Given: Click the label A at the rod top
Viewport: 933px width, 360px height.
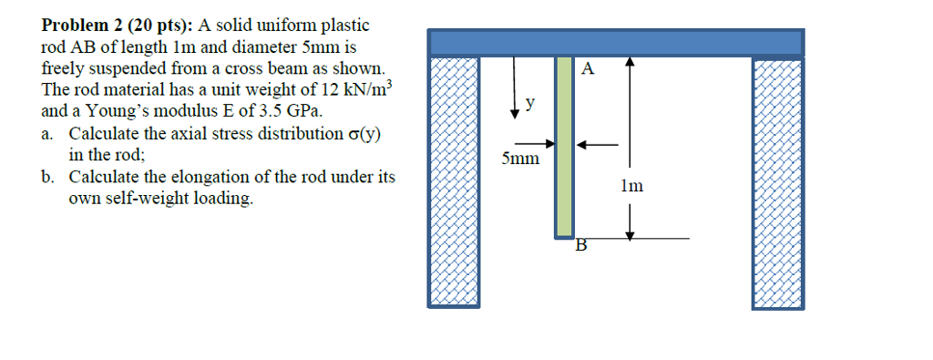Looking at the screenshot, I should pyautogui.click(x=588, y=68).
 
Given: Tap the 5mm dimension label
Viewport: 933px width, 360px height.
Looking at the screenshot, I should pyautogui.click(x=520, y=159).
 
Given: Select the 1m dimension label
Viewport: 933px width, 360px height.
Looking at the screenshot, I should pyautogui.click(x=631, y=186).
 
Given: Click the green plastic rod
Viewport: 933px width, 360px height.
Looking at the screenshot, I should pyautogui.click(x=565, y=146).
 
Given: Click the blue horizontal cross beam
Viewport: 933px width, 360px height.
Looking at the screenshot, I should pyautogui.click(x=616, y=42).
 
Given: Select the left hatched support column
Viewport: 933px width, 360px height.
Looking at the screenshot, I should pyautogui.click(x=453, y=182).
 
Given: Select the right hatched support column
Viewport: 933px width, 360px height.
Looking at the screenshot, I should pyautogui.click(x=777, y=182).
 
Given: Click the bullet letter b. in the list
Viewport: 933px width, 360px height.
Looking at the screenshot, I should pyautogui.click(x=49, y=177).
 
